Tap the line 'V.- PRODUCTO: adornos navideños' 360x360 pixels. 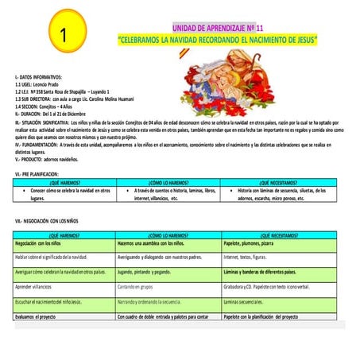click(52, 158)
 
